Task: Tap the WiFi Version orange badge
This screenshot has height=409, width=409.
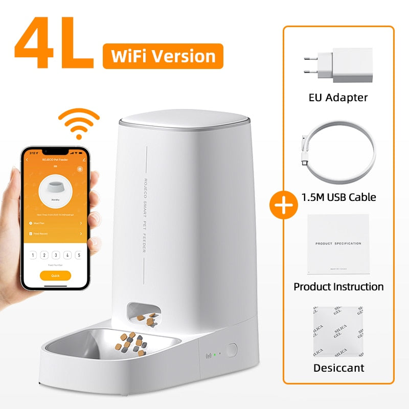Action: coord(163,56)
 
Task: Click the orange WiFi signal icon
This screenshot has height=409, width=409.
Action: coord(78,123)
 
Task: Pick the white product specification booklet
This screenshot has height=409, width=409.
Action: coord(338,244)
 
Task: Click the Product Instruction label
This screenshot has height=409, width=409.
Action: coord(338,286)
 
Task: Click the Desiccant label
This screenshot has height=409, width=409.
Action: coord(338,368)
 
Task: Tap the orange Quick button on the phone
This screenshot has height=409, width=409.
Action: coord(55,276)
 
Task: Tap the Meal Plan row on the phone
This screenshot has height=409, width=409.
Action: coord(55,223)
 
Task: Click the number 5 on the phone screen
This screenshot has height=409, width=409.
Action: coord(78,255)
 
